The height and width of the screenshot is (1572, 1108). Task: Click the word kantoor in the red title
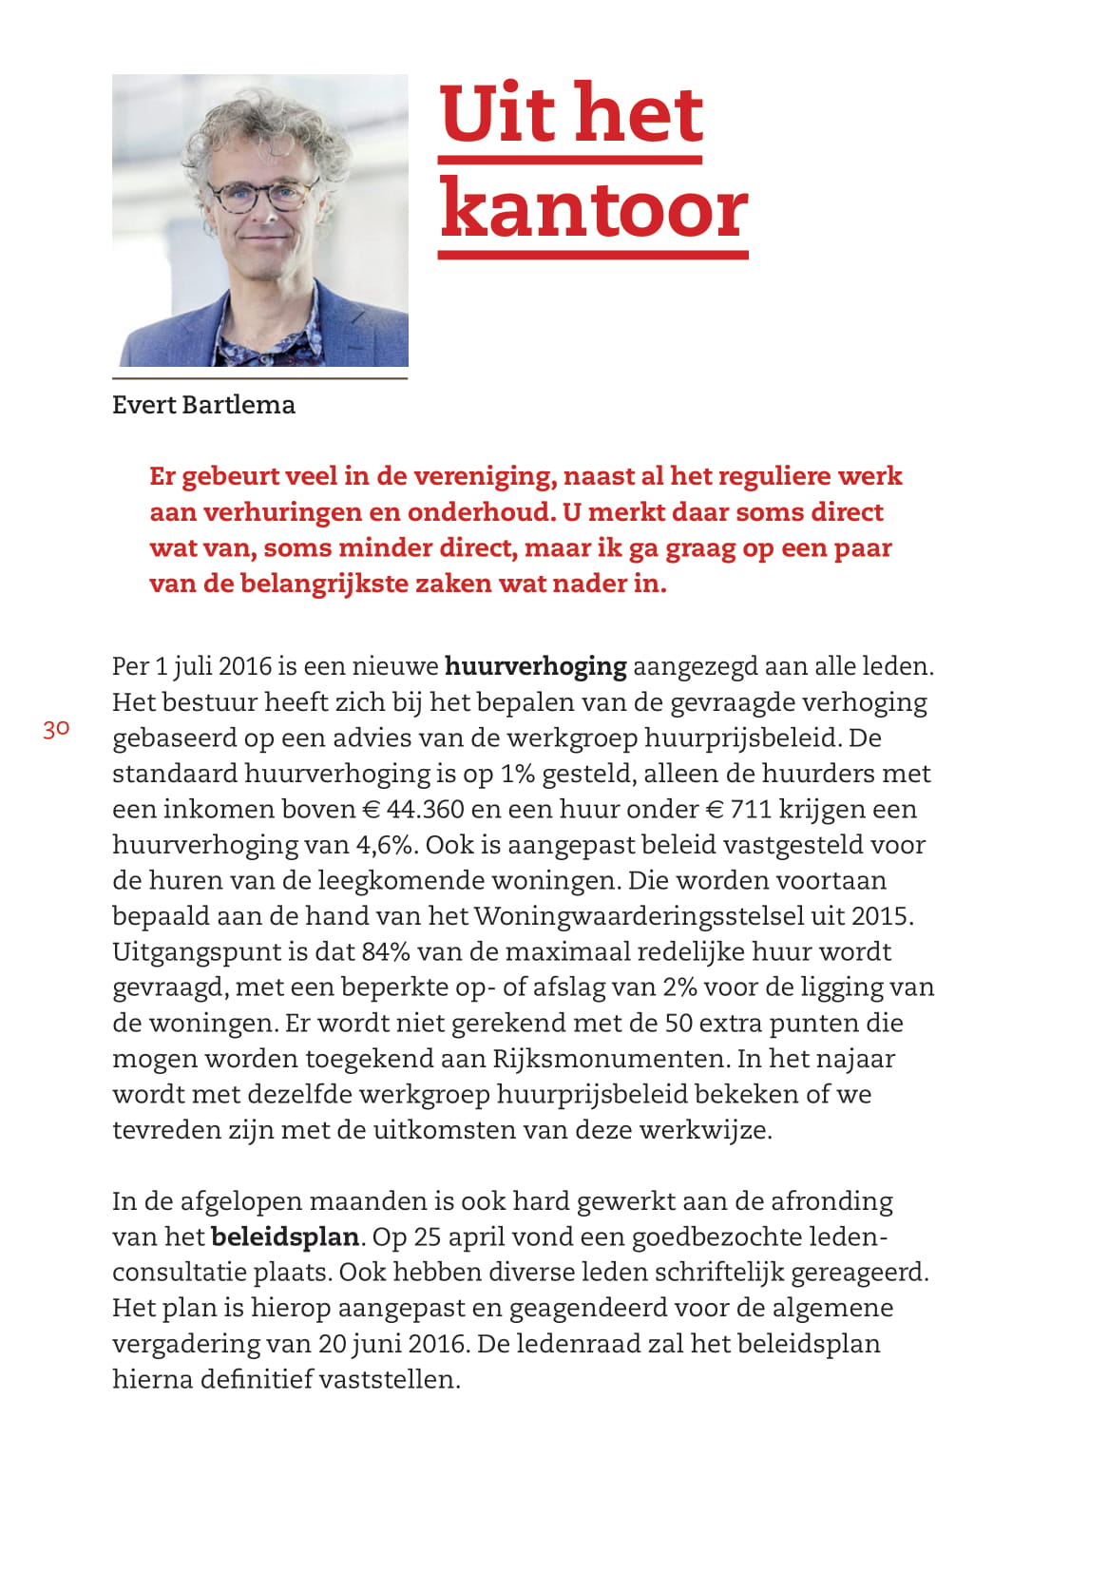click(x=593, y=211)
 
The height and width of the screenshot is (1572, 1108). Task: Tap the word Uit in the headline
click(x=497, y=114)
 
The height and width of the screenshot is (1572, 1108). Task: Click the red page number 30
click(x=56, y=729)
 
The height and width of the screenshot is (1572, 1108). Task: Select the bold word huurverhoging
click(x=535, y=666)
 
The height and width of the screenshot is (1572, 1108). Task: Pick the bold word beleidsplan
click(x=285, y=1237)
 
